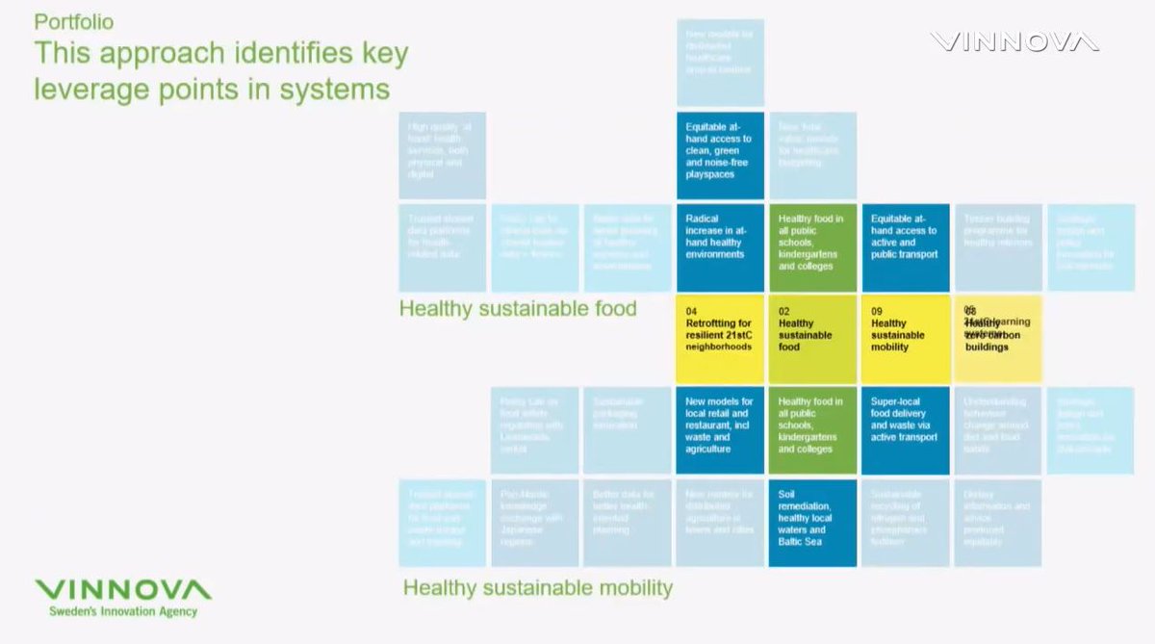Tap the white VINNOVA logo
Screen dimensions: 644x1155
tap(1014, 42)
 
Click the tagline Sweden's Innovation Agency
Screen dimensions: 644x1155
tap(124, 612)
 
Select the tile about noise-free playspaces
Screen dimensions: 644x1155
tap(720, 155)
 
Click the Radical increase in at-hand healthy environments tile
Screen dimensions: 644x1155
tap(720, 246)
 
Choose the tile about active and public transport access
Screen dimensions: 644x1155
tap(905, 246)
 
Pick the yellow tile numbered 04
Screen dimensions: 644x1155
tap(720, 337)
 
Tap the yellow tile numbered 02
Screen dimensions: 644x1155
tap(812, 337)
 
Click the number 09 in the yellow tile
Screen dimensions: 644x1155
tap(877, 311)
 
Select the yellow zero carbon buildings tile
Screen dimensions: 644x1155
tap(997, 337)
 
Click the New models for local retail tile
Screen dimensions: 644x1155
tap(720, 430)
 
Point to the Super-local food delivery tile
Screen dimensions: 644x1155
tap(905, 430)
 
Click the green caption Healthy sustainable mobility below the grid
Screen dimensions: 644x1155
tap(537, 587)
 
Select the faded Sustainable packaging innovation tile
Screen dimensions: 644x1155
tap(627, 430)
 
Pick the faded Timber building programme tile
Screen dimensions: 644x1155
tap(997, 246)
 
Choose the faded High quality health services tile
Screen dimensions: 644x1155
tap(442, 155)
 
